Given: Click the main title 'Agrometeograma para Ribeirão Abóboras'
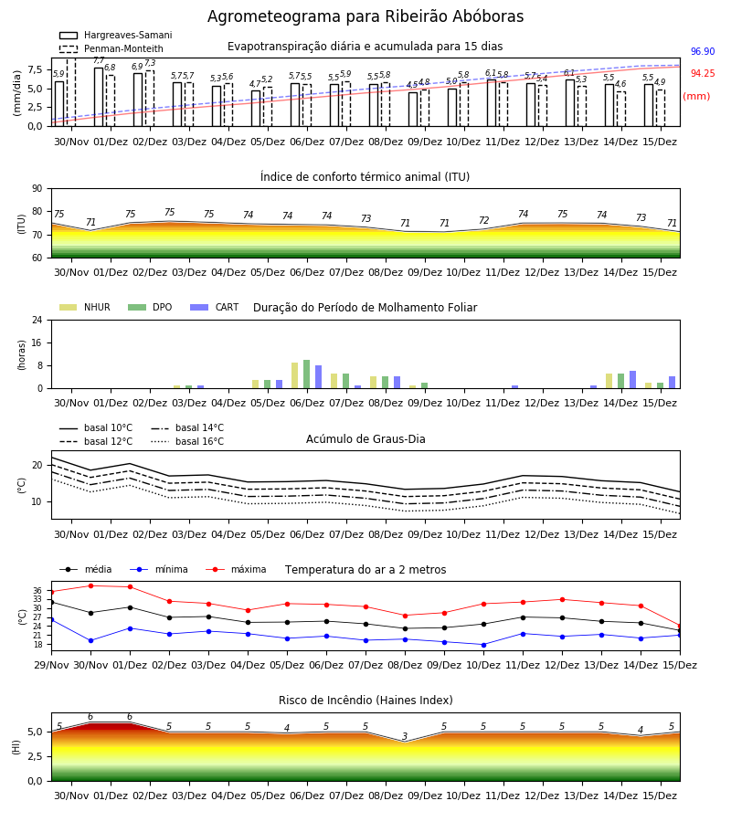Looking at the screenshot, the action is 365,16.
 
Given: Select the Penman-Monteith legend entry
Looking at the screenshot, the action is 111,48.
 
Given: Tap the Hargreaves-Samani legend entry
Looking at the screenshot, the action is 115,35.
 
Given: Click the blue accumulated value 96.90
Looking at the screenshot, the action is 703,51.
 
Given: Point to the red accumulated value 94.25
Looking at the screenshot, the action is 703,73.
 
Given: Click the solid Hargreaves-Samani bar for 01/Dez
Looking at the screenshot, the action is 99,97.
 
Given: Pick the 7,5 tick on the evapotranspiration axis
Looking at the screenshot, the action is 35,69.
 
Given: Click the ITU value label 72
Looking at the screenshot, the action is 483,220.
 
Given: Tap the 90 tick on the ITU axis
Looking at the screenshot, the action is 37,189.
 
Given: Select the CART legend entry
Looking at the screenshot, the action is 215,307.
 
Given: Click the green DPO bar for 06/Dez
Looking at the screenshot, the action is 307,374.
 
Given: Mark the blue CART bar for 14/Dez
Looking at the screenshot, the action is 633,380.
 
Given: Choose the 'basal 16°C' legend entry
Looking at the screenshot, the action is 187,441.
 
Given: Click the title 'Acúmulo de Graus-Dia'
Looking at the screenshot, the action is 365,439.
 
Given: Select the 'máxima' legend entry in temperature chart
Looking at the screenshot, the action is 236,569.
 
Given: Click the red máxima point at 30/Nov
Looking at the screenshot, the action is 90,585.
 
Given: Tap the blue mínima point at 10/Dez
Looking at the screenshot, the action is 483,645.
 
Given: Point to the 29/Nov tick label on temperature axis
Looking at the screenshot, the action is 51,665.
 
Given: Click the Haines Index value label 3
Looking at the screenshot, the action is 405,736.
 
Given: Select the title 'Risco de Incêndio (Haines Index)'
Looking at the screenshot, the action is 365,701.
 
